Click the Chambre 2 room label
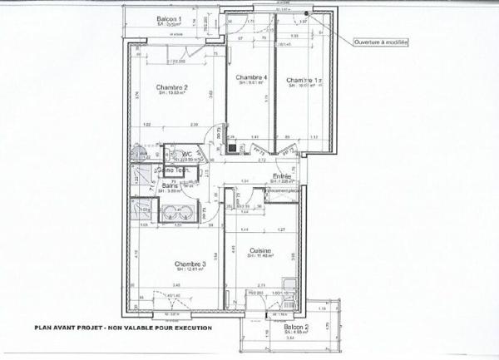click(172, 86)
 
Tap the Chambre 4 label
click(253, 77)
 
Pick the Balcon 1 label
click(170, 19)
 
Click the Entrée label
click(282, 176)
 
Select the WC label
click(189, 154)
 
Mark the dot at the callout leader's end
click(307, 13)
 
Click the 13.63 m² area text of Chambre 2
click(172, 94)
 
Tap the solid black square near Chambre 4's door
click(232, 148)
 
